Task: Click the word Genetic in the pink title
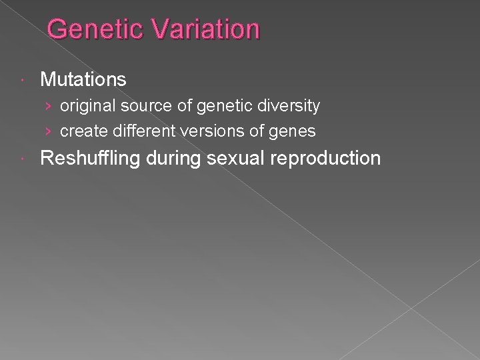pyautogui.click(x=90, y=30)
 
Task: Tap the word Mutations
pyautogui.click(x=83, y=80)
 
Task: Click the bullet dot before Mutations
pyautogui.click(x=25, y=81)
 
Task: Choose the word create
pyautogui.click(x=80, y=131)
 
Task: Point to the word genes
pyautogui.click(x=294, y=132)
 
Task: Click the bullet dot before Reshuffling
pyautogui.click(x=25, y=159)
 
